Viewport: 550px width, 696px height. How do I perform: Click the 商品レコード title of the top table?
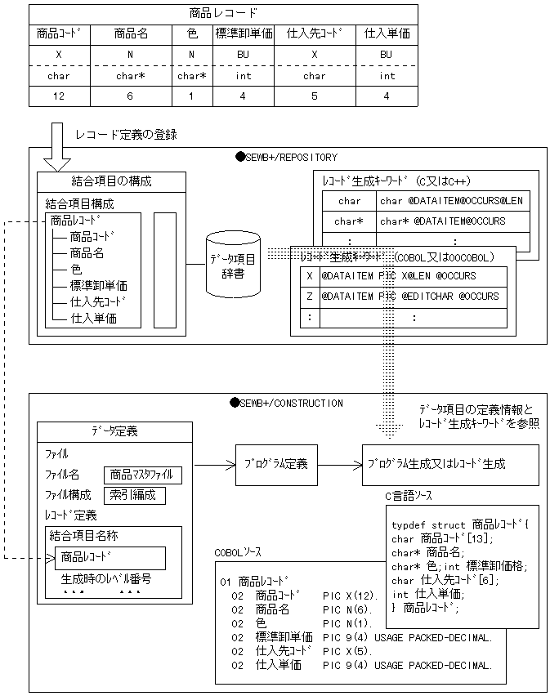[223, 13]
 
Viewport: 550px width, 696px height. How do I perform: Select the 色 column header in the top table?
[191, 34]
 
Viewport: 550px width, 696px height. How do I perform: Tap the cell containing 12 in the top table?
[60, 96]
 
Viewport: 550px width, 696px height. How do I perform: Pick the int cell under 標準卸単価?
[244, 76]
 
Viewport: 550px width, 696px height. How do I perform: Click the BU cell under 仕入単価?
[387, 55]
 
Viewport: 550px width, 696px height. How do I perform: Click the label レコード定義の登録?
[126, 134]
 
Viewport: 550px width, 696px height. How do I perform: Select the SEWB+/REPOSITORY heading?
[286, 157]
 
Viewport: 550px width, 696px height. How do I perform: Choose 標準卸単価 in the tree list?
[98, 286]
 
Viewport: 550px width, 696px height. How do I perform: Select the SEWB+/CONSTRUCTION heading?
[289, 403]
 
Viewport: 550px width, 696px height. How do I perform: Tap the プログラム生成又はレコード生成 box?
[449, 463]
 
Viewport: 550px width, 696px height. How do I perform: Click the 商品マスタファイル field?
[143, 475]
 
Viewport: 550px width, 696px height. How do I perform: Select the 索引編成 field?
[134, 495]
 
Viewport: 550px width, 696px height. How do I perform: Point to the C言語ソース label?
[409, 496]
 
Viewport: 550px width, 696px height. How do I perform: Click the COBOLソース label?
[238, 553]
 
